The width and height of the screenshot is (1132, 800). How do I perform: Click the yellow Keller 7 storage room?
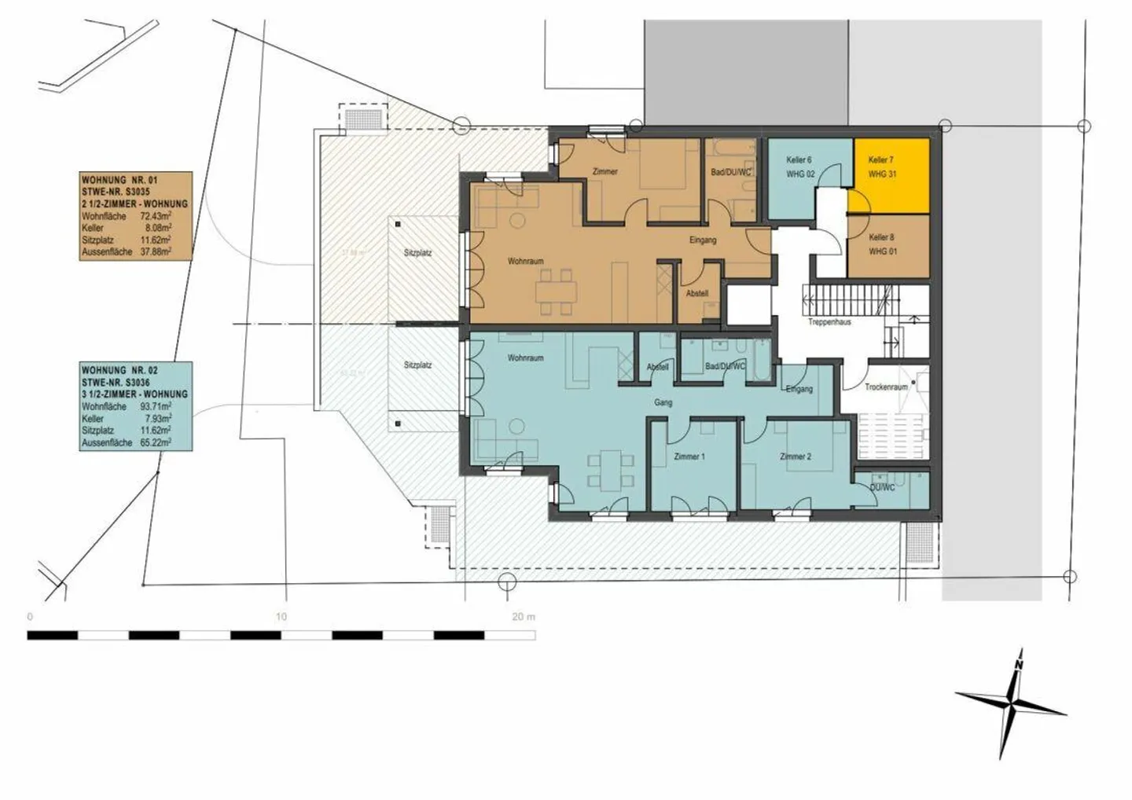point(888,175)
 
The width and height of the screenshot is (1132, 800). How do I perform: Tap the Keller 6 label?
point(799,160)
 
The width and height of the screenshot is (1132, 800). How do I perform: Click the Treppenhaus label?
point(829,322)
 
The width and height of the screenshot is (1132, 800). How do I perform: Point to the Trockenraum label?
point(886,387)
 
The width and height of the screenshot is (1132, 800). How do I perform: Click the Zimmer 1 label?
point(689,457)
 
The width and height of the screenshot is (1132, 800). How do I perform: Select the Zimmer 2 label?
point(795,457)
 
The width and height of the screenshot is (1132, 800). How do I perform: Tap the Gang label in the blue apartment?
point(663,403)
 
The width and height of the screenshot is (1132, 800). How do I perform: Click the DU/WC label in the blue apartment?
point(882,487)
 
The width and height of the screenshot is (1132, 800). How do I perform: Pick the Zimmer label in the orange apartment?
point(605,171)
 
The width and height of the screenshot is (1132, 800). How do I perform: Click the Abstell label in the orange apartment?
point(696,294)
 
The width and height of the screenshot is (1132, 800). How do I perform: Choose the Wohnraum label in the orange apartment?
point(525,262)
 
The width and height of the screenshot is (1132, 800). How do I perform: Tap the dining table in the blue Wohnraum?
point(609,469)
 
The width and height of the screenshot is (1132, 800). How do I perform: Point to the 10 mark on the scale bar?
point(281,617)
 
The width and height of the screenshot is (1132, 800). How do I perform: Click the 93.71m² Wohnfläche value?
point(156,407)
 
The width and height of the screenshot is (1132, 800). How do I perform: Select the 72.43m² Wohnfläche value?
point(156,216)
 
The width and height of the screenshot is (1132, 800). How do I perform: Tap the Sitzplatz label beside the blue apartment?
point(417,365)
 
